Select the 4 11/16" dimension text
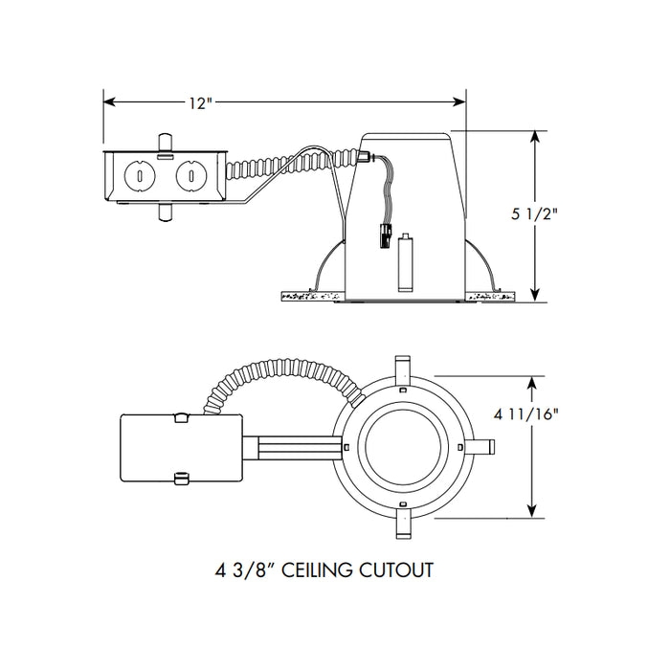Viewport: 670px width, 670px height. point(526,414)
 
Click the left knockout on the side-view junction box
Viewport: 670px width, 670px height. point(141,176)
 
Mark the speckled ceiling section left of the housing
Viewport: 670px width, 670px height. point(310,297)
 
